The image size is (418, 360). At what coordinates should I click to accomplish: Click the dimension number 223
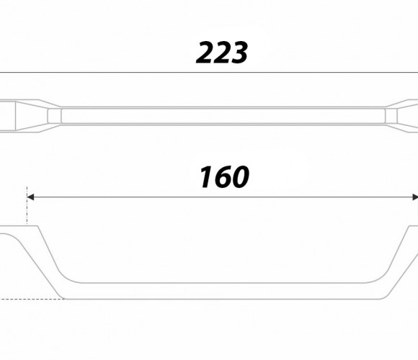[x=222, y=53]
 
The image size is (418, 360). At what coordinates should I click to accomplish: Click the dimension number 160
[x=224, y=177]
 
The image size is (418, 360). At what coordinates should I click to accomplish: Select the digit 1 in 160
[x=207, y=177]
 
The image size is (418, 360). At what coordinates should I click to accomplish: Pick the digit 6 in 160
[x=223, y=177]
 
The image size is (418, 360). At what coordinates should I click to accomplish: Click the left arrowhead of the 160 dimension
[x=30, y=197]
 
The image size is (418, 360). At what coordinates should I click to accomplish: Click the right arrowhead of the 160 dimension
[x=415, y=197]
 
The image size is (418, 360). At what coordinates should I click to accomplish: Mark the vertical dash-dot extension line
[x=27, y=206]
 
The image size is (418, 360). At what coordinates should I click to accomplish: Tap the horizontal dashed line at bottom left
[x=32, y=299]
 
